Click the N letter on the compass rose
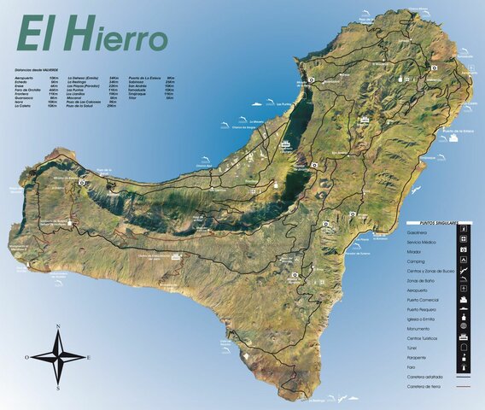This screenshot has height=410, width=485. pyautogui.click(x=58, y=326)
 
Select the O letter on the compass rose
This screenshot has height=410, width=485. pyautogui.click(x=27, y=357)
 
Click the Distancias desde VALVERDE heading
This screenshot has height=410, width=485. pyautogui.click(x=38, y=68)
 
